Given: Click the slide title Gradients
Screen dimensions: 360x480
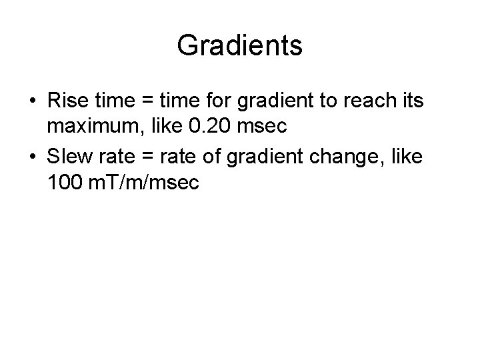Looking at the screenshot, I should point(240,46).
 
